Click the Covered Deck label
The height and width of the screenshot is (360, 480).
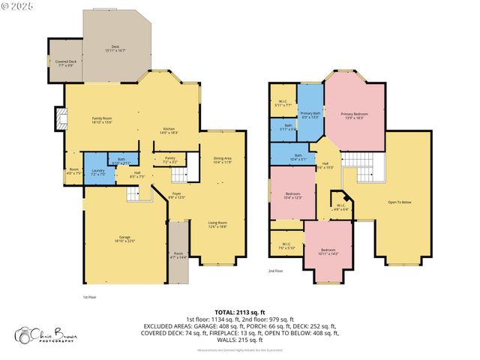pyautogui.click(x=63, y=61)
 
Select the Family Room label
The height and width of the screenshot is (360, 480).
pyautogui.click(x=102, y=118)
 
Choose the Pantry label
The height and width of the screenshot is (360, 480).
pyautogui.click(x=170, y=158)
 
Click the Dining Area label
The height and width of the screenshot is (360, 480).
pyautogui.click(x=223, y=158)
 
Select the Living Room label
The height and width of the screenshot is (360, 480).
pyautogui.click(x=217, y=223)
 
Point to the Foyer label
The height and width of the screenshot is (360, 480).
pyautogui.click(x=176, y=195)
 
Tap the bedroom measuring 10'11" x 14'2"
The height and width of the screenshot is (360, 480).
pyautogui.click(x=328, y=251)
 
